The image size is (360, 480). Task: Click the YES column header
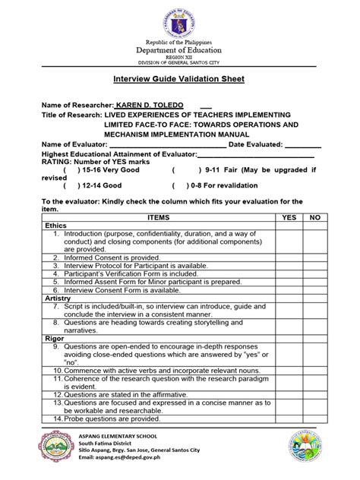[289, 217]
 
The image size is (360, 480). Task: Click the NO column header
[315, 217]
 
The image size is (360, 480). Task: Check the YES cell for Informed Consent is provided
[289, 258]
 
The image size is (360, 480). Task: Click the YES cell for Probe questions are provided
[289, 418]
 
